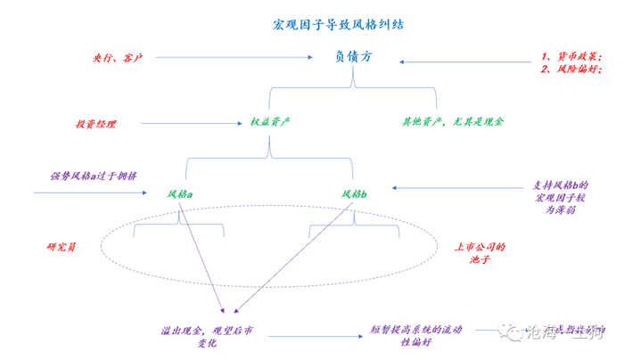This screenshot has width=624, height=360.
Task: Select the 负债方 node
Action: click(353, 56)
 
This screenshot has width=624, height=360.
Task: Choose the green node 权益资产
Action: click(272, 120)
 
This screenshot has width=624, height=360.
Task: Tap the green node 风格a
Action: click(180, 193)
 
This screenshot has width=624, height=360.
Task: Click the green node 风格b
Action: click(354, 193)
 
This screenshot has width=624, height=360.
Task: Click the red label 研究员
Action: click(61, 246)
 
